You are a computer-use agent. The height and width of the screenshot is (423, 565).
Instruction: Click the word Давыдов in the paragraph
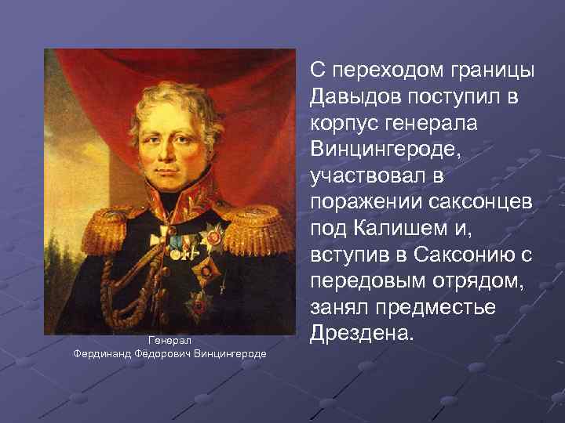point(352,96)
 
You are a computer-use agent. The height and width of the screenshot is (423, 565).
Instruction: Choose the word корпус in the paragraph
point(341,124)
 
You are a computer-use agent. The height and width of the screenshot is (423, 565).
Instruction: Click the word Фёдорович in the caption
point(157,354)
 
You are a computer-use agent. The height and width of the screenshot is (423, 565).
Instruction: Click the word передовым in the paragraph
point(362,280)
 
